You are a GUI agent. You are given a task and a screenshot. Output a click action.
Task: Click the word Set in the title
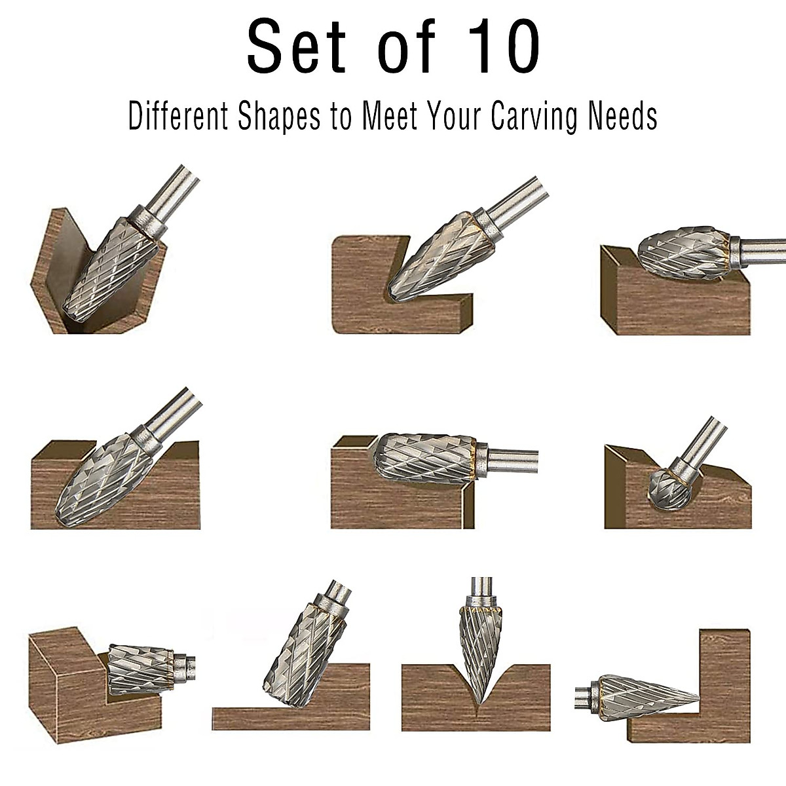pos(296,47)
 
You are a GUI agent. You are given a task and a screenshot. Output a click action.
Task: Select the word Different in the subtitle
pos(178,117)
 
